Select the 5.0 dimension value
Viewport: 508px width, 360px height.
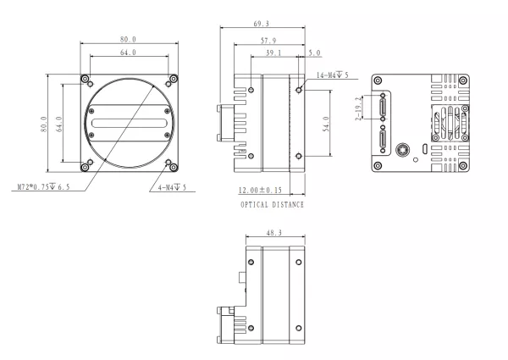coord(315,53)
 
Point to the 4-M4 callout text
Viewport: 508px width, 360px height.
coord(173,187)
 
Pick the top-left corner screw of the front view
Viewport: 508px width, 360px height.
coord(86,80)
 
